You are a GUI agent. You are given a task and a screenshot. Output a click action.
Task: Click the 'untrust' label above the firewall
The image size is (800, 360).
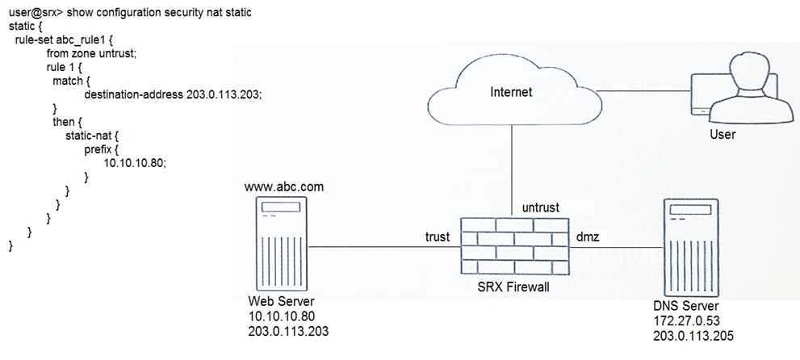(542, 207)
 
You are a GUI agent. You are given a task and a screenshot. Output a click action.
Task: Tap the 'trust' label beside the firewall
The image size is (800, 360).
(438, 237)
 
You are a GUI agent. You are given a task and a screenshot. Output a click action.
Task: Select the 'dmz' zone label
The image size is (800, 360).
(587, 237)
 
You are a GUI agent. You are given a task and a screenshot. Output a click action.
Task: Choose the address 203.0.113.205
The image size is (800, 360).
(692, 336)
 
